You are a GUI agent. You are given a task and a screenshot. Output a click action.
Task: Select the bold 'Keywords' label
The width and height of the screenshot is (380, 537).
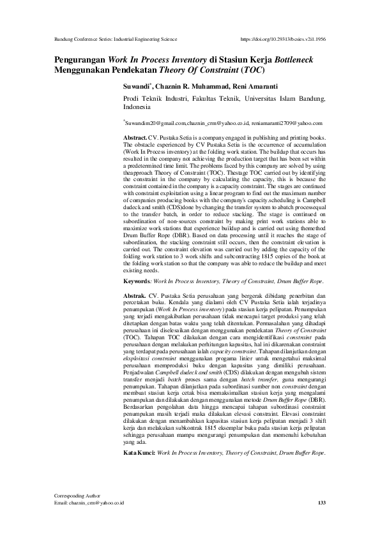[x=137, y=281]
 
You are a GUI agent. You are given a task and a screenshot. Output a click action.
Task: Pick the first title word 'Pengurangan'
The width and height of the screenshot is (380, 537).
[x=80, y=57]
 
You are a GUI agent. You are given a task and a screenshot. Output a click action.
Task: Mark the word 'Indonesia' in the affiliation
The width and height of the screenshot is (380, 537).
[x=137, y=108]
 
